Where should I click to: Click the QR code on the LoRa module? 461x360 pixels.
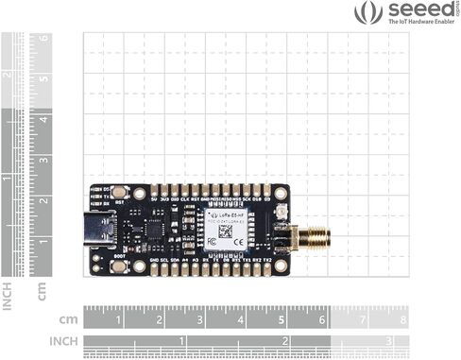[226, 231]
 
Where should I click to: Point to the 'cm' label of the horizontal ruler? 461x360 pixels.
[68, 319]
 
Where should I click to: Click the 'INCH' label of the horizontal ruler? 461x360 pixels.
[63, 341]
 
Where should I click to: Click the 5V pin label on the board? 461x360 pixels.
[154, 199]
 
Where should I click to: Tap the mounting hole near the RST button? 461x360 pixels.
[139, 193]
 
